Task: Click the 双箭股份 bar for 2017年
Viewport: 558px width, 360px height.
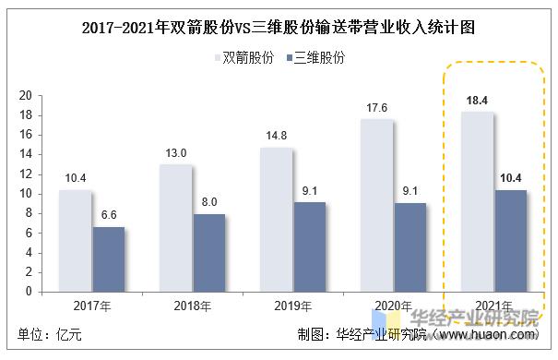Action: (76, 241)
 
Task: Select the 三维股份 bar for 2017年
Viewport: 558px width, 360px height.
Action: (108, 259)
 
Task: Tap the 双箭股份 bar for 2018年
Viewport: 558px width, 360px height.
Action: (175, 228)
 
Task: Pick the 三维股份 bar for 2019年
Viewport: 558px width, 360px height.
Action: (309, 246)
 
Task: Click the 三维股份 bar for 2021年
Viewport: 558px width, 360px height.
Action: (510, 241)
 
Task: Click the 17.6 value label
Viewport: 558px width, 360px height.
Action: (376, 107)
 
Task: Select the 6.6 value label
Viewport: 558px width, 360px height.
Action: (108, 214)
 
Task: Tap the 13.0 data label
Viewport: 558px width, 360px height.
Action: (176, 152)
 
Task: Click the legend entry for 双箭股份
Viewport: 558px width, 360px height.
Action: (243, 58)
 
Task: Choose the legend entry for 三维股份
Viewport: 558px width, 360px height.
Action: (315, 58)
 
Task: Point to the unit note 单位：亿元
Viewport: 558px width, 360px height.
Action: (50, 335)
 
